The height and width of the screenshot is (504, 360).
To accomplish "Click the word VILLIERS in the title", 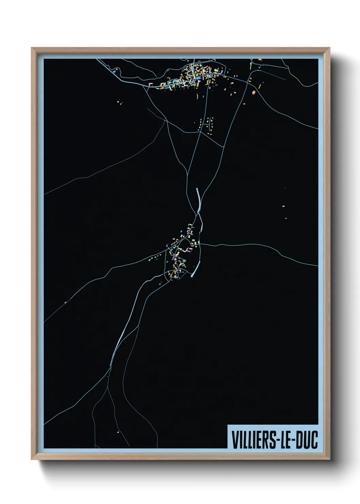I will click(252, 440).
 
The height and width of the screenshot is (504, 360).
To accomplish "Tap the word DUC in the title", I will click(307, 440).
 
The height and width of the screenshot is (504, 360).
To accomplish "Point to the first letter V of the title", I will click(234, 440).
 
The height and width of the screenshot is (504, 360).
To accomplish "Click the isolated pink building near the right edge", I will click(283, 206).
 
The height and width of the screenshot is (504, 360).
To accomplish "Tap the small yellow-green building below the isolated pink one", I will click(286, 218).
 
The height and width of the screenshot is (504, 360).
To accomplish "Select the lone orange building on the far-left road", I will click(65, 302).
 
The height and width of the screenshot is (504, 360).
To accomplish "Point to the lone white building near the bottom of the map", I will click(118, 432).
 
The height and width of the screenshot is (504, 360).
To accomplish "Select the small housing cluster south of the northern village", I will click(207, 124).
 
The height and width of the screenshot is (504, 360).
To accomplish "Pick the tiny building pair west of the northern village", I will click(119, 101).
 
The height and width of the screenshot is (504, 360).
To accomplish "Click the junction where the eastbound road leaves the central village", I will click(201, 244).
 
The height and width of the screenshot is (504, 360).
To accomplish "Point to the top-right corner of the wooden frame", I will click(329, 48).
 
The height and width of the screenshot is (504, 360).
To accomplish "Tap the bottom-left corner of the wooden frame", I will click(32, 459).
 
